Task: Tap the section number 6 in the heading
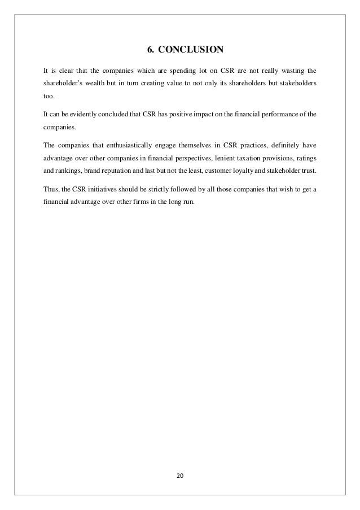[x=150, y=49]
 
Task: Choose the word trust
[x=306, y=171]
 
